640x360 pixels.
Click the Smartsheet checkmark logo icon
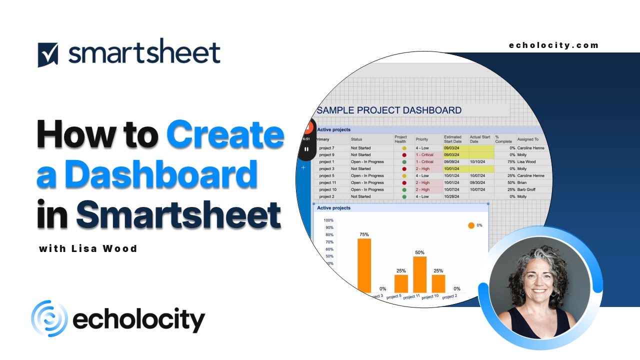(x=48, y=54)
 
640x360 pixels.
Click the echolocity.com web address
(x=553, y=45)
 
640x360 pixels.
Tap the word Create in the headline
(x=225, y=135)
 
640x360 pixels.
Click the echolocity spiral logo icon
(x=49, y=318)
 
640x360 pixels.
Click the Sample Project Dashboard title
(x=389, y=110)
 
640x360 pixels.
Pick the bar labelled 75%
(x=364, y=265)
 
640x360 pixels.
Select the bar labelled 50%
(x=419, y=274)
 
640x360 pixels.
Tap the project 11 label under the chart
(x=411, y=296)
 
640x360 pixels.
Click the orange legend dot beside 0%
(x=471, y=225)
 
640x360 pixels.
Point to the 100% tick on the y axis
(x=328, y=220)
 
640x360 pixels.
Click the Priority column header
(x=422, y=139)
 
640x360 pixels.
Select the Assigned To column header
(x=528, y=139)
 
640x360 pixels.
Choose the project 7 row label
(x=326, y=148)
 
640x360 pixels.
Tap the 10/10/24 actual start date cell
(x=478, y=162)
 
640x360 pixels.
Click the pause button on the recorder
(x=306, y=148)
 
